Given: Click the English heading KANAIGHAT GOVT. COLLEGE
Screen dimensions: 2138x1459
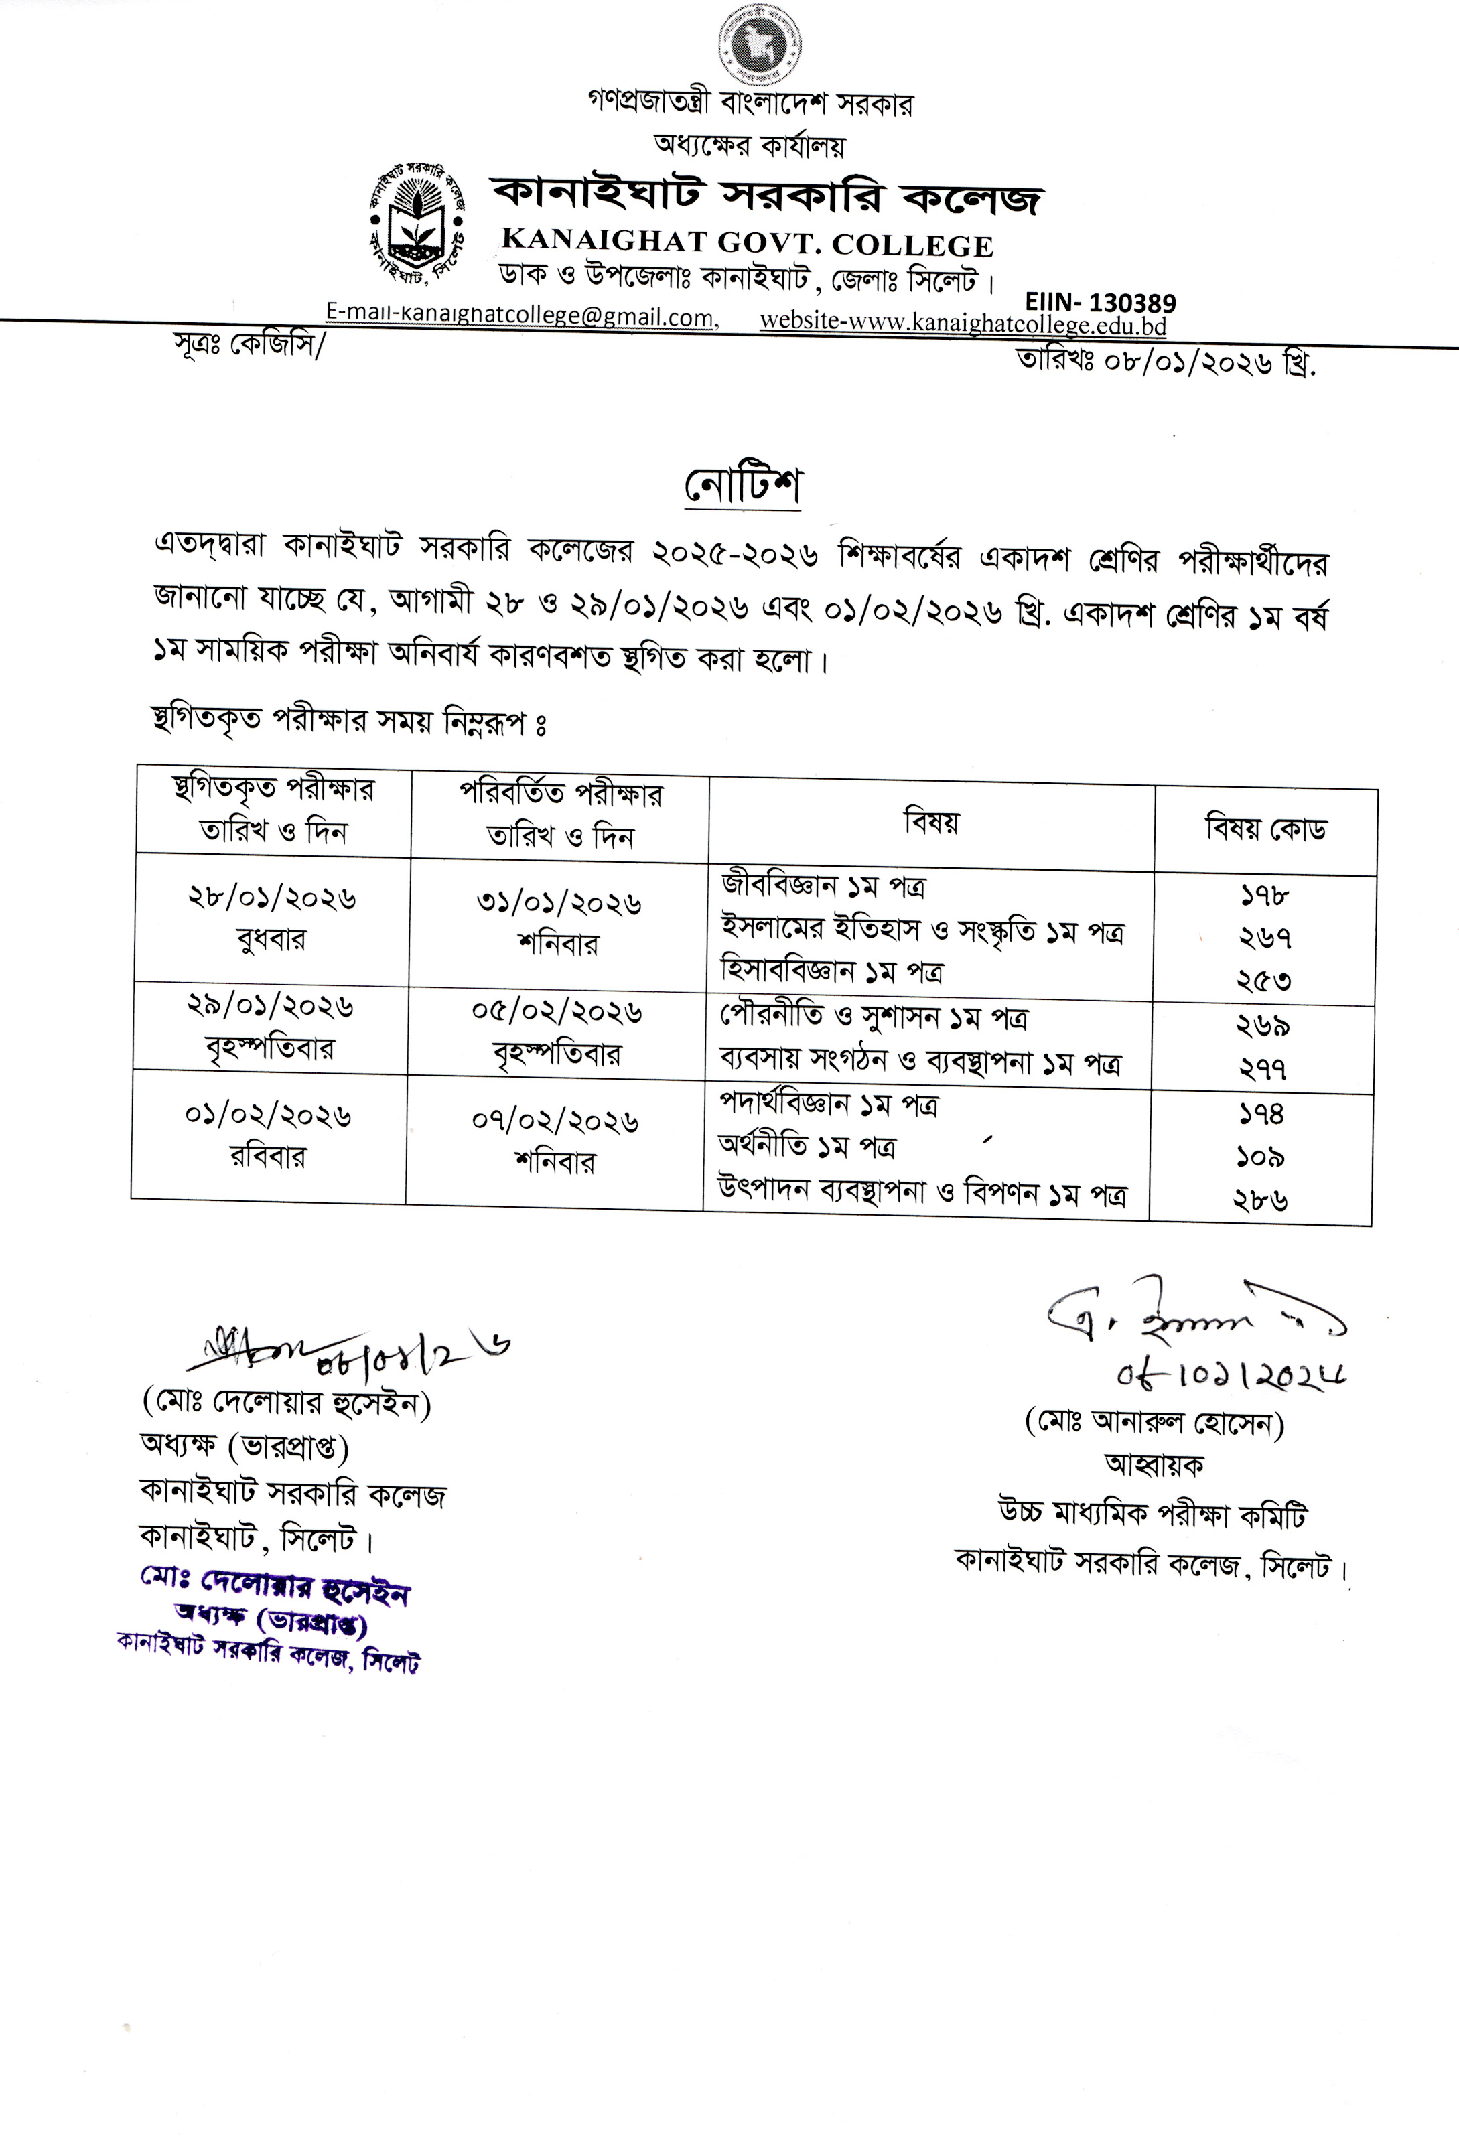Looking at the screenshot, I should tap(747, 244).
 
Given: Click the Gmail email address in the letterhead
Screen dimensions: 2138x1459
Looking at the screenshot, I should tap(520, 315).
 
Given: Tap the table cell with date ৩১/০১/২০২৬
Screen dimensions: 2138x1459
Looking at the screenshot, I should tap(559, 904).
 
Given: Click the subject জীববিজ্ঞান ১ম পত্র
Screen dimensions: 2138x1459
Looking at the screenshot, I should tap(823, 887).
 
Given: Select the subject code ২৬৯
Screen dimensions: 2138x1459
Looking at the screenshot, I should tap(1262, 1025).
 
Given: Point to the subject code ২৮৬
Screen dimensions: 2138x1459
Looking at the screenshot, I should tap(1259, 1200).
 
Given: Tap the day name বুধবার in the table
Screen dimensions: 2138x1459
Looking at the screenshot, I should tap(271, 940).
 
